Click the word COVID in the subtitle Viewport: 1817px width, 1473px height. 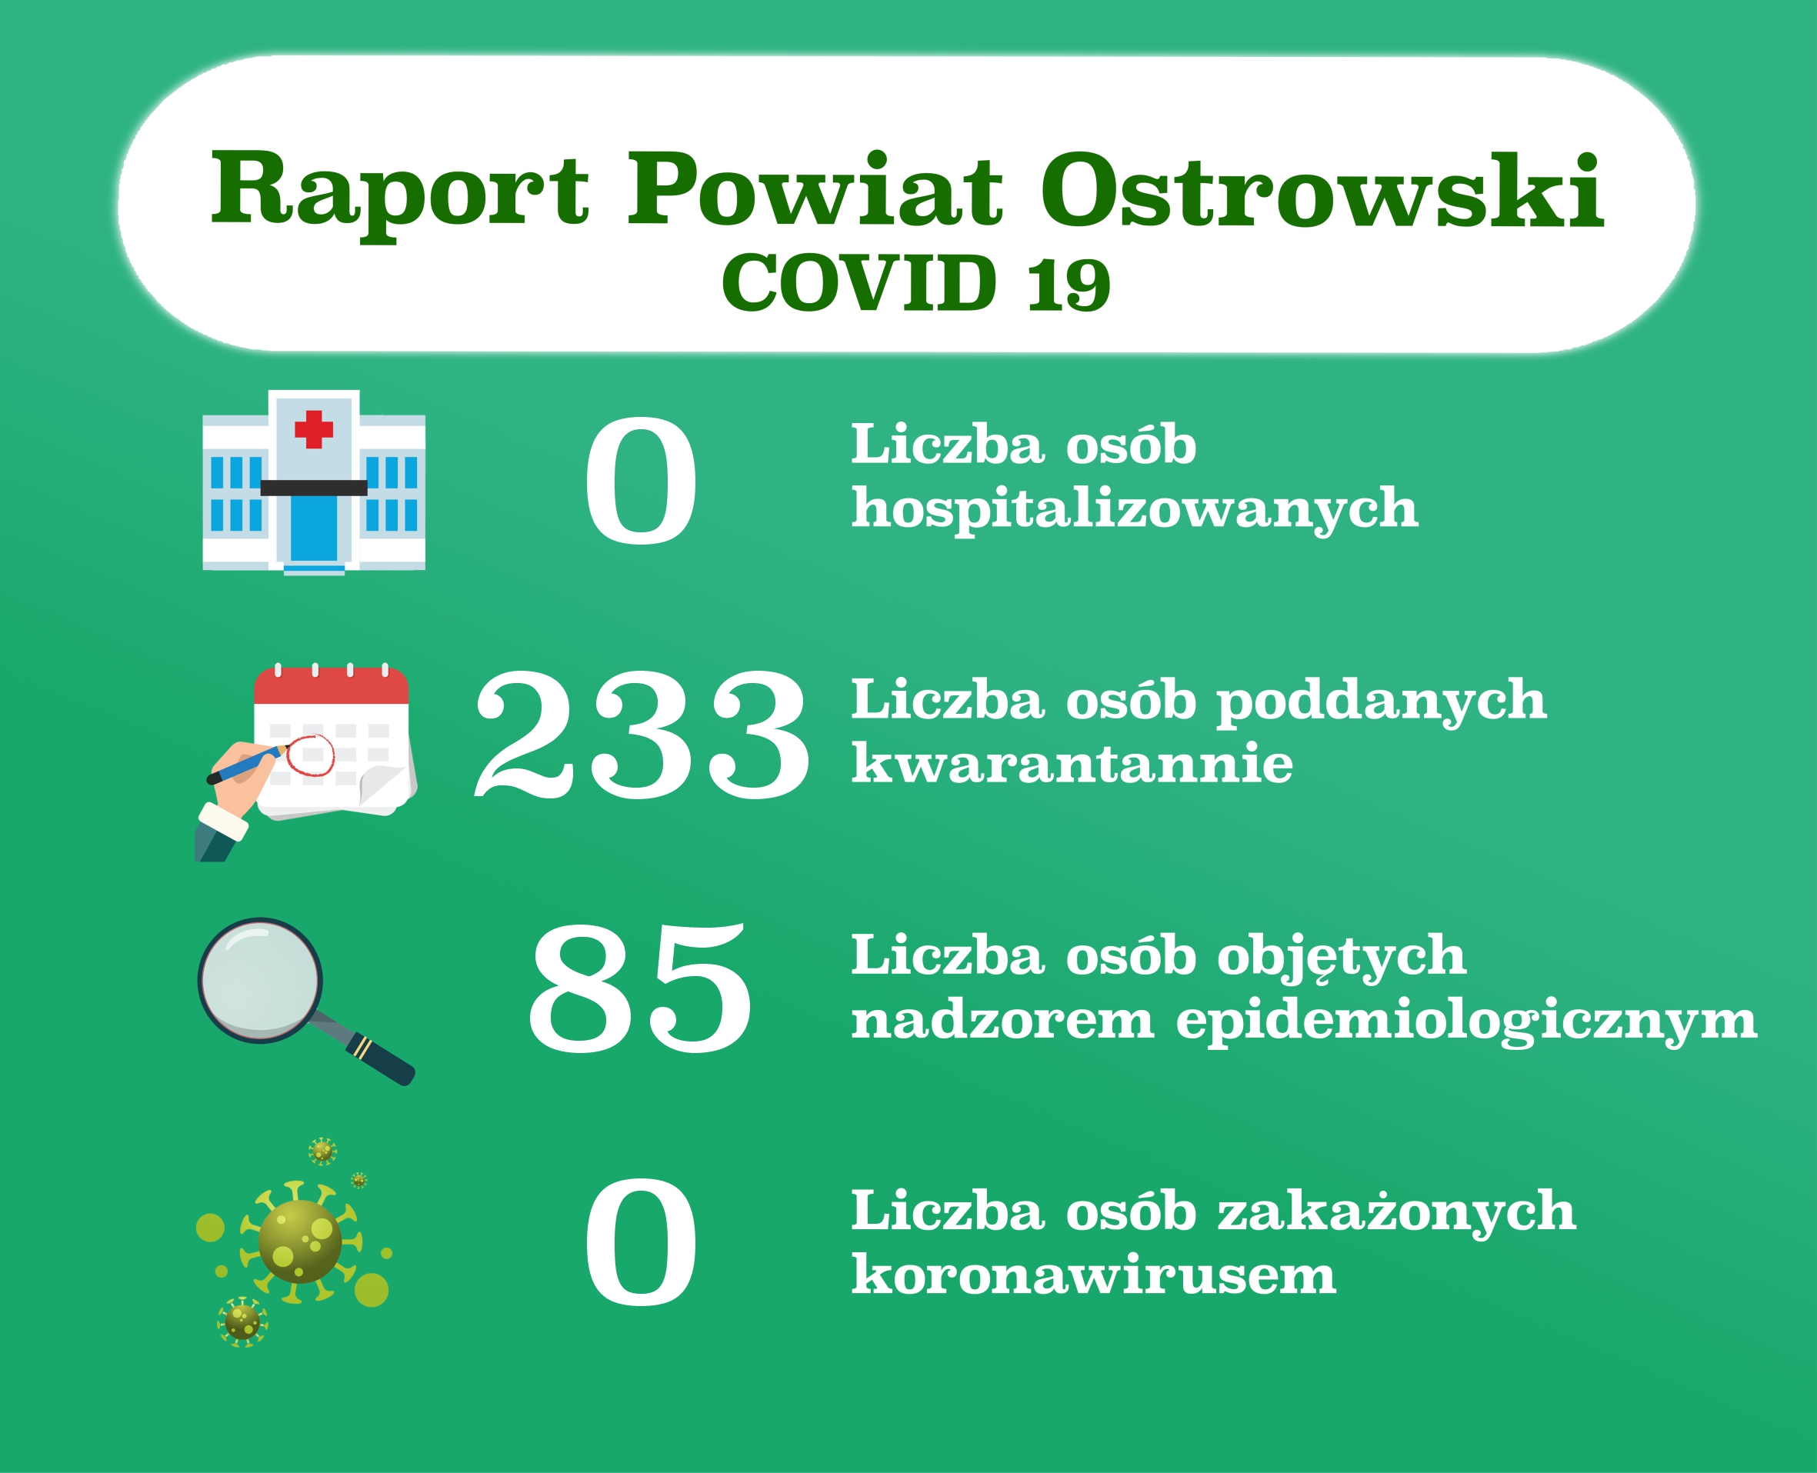pyautogui.click(x=858, y=282)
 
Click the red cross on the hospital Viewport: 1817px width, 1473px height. pyautogui.click(x=314, y=429)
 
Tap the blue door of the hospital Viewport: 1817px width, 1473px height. pyautogui.click(x=314, y=528)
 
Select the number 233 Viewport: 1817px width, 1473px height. pyautogui.click(x=642, y=734)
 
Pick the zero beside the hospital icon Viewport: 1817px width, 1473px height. pyautogui.click(x=641, y=480)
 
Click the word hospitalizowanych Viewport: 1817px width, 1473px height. pyautogui.click(x=1135, y=509)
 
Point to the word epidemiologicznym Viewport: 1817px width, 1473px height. pyautogui.click(x=1466, y=1021)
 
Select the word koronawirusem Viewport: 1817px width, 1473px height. pyautogui.click(x=1094, y=1275)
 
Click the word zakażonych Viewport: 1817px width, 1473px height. pyautogui.click(x=1397, y=1213)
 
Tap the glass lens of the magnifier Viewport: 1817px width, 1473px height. pyautogui.click(x=260, y=981)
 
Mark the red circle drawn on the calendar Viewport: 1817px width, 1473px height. pyautogui.click(x=310, y=755)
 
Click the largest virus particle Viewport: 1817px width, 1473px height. pyautogui.click(x=301, y=1242)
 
